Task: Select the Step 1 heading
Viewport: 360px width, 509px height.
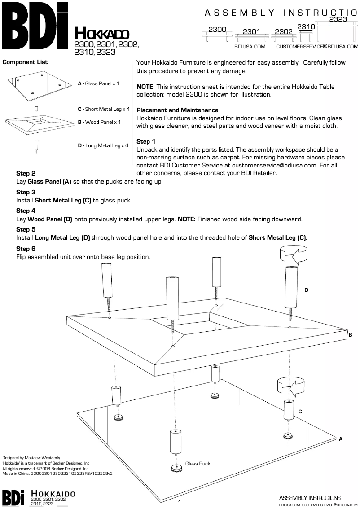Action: point(146,142)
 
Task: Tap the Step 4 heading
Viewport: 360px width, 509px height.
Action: point(26,211)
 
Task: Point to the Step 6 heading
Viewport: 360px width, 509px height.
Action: point(26,249)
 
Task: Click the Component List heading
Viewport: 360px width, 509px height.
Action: point(25,62)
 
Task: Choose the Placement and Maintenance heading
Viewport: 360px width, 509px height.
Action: point(177,110)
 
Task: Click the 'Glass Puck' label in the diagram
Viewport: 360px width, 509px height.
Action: point(198,464)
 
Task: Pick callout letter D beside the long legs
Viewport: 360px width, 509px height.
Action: point(306,290)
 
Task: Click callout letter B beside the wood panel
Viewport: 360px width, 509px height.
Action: point(350,334)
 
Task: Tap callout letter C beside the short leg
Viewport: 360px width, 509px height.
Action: point(300,411)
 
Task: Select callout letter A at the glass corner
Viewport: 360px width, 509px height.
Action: point(341,438)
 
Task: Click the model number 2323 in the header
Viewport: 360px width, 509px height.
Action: point(338,19)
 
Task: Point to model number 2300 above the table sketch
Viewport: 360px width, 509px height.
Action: point(217,29)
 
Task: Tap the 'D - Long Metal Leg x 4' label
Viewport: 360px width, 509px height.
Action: point(103,145)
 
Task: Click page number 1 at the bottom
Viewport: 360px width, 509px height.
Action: point(180,502)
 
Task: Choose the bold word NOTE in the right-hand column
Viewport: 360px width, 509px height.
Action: point(146,87)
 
